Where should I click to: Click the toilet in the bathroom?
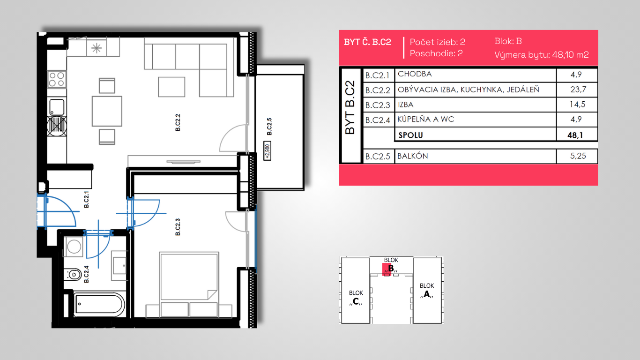[73, 275]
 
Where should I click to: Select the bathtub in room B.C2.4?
[99, 304]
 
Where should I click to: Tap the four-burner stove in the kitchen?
[57, 79]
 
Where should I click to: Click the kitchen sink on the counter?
[57, 107]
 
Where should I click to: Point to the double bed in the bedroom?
[189, 285]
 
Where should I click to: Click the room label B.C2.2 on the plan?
[178, 123]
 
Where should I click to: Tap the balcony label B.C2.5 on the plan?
[269, 127]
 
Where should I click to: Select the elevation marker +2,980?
[267, 150]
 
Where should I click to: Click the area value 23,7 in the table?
[578, 90]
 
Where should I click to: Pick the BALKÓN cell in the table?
[413, 156]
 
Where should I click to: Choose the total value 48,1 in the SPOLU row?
[575, 135]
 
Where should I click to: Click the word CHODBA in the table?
[415, 74]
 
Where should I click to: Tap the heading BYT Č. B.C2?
[367, 42]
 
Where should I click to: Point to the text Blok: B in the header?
[508, 41]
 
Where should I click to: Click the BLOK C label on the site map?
[356, 297]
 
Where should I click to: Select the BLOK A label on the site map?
[426, 290]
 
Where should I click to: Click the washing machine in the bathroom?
[74, 247]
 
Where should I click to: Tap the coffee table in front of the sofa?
[171, 87]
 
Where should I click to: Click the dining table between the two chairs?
[107, 111]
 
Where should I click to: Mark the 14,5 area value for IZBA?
[577, 105]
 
